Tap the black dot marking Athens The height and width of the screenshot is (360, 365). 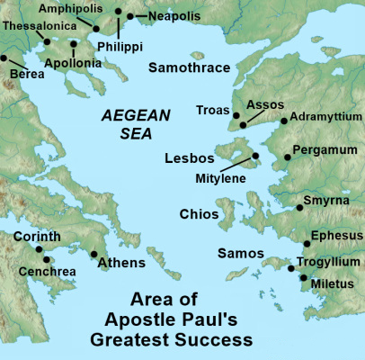point(94,254)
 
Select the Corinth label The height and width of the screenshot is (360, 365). point(37,236)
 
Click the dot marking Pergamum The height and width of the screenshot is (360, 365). point(287,158)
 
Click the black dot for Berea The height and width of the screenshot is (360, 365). point(4,58)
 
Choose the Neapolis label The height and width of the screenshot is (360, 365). point(161,16)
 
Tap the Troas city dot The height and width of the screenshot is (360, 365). point(236,115)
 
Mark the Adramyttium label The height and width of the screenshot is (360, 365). point(324,119)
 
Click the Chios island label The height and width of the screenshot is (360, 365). point(200,215)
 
